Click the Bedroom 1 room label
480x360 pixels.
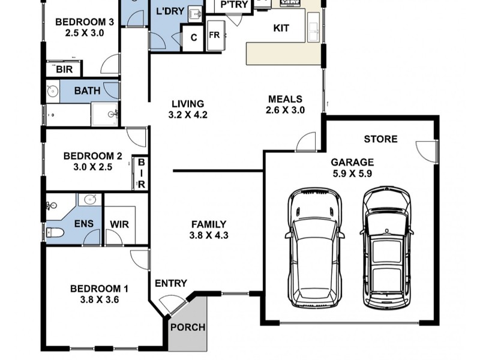99,289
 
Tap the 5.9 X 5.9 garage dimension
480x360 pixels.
352,173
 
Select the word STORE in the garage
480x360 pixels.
380,139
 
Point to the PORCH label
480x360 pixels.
188,327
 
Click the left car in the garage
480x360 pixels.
315,248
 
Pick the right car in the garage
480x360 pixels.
386,247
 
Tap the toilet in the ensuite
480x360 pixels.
55,233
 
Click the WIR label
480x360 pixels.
119,224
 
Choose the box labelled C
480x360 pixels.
193,38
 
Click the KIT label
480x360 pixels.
281,28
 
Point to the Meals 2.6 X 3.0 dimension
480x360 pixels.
285,110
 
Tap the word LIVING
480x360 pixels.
188,104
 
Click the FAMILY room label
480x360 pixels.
209,224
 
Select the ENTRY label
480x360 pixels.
171,283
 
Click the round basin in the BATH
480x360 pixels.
53,91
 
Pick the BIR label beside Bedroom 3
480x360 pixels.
64,70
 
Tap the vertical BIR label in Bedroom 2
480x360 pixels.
141,173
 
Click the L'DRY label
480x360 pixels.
170,11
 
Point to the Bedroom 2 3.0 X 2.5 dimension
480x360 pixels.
93,167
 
